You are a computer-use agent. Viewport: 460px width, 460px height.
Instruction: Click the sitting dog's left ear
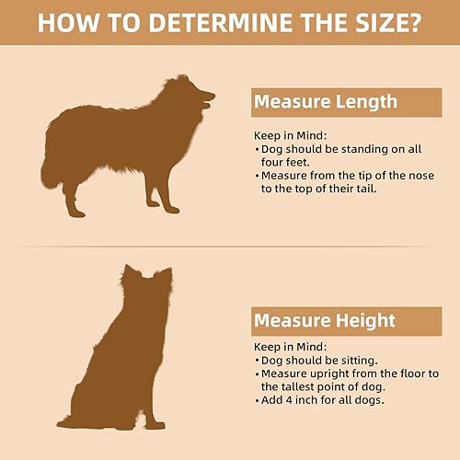131,273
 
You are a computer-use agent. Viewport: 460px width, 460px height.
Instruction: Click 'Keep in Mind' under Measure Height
283,348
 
